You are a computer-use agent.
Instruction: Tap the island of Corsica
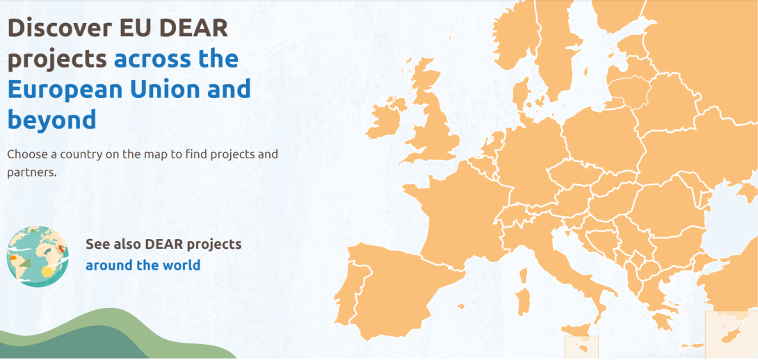point(523,276)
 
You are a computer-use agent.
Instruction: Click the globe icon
point(38,256)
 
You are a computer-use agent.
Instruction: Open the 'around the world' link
point(143,265)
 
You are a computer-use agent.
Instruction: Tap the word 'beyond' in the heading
point(51,120)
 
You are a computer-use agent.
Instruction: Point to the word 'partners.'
point(32,172)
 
